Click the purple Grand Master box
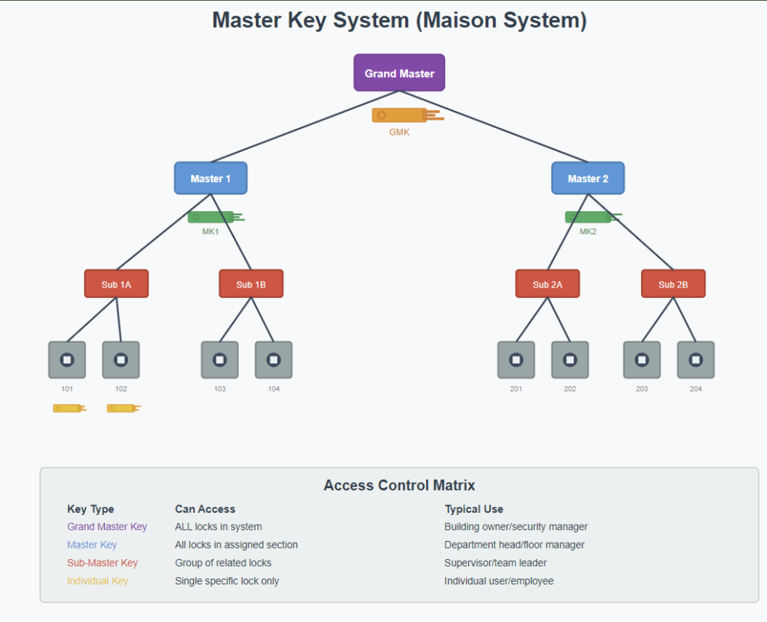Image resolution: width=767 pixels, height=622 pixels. pyautogui.click(x=399, y=73)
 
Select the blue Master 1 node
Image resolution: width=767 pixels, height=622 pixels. pyautogui.click(x=210, y=178)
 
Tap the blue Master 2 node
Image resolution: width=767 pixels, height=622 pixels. pyautogui.click(x=588, y=178)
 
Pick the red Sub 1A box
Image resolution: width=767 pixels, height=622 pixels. pyautogui.click(x=116, y=284)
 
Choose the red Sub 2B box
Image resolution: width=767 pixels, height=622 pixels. pyautogui.click(x=673, y=284)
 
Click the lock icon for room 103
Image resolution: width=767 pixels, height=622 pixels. pyautogui.click(x=219, y=360)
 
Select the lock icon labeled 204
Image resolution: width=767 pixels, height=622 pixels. pyautogui.click(x=696, y=360)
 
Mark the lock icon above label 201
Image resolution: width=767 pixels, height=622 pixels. pyautogui.click(x=516, y=360)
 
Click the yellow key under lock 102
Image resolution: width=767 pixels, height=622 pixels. pyautogui.click(x=123, y=408)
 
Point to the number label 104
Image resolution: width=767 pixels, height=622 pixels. pyautogui.click(x=273, y=389)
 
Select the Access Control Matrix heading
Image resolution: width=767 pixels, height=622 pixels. pyautogui.click(x=399, y=485)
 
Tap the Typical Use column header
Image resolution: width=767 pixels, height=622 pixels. pyautogui.click(x=473, y=509)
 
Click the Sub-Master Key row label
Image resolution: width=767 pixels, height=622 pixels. pyautogui.click(x=103, y=563)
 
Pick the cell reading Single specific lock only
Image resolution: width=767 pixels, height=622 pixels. pyautogui.click(x=227, y=581)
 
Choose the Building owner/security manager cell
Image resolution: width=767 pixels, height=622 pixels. pyautogui.click(x=516, y=527)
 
